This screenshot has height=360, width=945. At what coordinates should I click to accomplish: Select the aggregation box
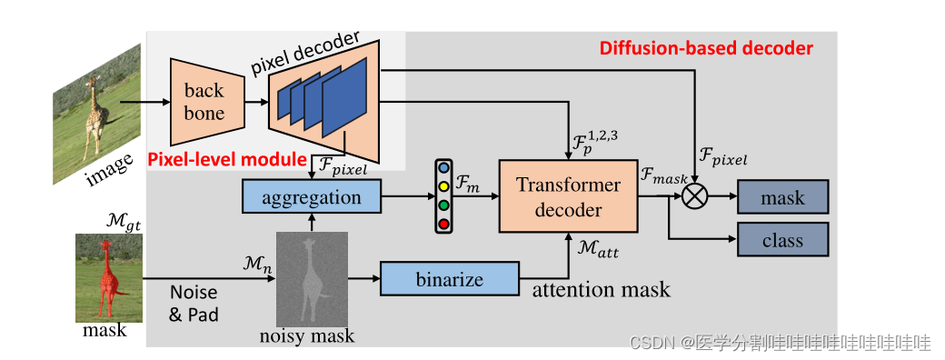pos(312,197)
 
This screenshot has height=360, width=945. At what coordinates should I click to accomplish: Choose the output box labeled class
pos(782,240)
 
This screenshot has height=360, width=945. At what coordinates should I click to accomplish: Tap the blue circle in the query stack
pos(443,169)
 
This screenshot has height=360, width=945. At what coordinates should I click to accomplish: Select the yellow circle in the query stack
pos(443,187)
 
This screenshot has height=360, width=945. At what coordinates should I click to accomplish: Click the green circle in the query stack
pos(443,205)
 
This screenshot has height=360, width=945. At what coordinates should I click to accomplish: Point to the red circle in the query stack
pos(443,223)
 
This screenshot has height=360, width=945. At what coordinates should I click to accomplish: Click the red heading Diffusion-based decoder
pos(706,48)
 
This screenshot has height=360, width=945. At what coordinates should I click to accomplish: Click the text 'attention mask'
pos(601,290)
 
